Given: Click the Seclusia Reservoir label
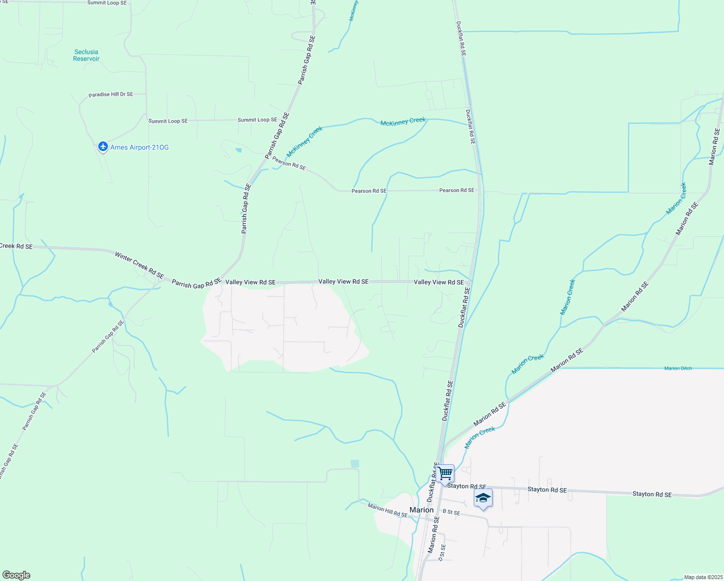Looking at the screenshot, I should coord(86,55).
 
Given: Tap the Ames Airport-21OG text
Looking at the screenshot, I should coord(139,147).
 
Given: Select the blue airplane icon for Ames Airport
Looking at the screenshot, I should coord(103,146).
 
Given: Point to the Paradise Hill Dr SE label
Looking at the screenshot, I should coord(111,94).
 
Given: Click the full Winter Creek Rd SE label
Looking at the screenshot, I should coord(139,265).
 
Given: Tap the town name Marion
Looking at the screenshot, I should coord(422,510).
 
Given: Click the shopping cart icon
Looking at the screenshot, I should coord(445,474).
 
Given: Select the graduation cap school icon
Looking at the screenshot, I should coord(483,498).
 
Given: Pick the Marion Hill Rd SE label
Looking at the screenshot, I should coord(387,510).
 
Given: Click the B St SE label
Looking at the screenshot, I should coord(451,512).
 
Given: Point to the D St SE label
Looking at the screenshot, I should coord(442,552).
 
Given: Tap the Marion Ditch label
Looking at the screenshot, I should coord(678,368).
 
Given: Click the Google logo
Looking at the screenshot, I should coord(16,575).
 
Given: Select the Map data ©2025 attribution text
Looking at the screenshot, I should coord(703,577).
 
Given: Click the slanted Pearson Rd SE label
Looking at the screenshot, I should coord(289,163).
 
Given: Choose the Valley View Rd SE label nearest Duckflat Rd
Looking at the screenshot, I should coord(438,282).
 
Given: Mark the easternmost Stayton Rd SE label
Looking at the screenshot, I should coord(652,494).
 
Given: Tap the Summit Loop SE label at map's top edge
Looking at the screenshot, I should coord(107,3).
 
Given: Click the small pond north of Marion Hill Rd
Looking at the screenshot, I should coord(355,463).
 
